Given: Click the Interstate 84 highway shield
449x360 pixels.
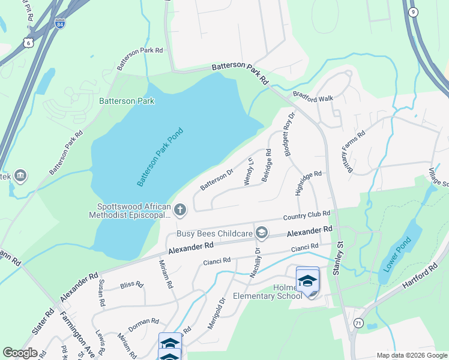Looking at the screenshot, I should (59, 24).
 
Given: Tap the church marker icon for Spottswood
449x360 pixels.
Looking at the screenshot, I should (181, 210).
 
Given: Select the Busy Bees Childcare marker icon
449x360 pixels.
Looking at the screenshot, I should (261, 232).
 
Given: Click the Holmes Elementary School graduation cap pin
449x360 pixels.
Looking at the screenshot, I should (307, 280).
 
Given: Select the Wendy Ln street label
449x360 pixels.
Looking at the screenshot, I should (250, 170).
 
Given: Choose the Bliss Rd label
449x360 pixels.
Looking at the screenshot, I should (131, 284).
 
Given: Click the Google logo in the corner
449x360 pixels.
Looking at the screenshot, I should (20, 353).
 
